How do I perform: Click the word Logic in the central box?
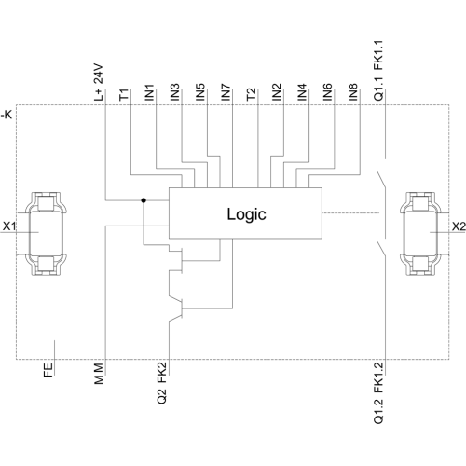246,214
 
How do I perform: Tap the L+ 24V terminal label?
99,83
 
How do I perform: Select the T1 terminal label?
124,94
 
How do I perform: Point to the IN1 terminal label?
149,92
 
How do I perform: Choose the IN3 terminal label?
175,92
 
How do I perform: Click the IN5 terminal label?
200,92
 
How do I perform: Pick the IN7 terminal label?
226,92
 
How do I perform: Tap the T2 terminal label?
252,94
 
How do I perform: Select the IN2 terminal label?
277,92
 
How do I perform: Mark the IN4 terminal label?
302,92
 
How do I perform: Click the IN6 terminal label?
328,92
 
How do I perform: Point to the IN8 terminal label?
353,92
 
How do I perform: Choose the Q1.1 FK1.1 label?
378,71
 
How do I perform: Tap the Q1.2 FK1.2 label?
378,392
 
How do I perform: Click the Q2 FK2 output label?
162,383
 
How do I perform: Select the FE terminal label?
48,370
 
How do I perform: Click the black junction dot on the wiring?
144,200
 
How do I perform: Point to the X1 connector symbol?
46,234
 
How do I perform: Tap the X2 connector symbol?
420,234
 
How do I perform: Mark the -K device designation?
7,115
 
